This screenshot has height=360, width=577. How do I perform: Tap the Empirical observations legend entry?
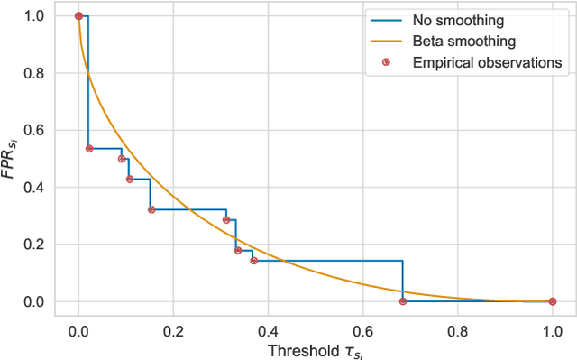coord(487,61)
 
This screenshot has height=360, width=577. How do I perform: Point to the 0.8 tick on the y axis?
coord(33,73)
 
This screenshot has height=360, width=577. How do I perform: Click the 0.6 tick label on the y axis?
coord(33,130)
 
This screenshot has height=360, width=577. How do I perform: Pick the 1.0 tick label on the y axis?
coord(33,16)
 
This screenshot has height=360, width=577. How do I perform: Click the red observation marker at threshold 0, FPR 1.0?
coord(78,16)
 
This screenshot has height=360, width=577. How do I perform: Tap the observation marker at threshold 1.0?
coord(552,301)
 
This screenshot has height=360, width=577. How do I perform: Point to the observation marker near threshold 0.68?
coord(402,301)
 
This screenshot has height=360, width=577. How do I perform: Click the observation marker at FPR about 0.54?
coord(88,149)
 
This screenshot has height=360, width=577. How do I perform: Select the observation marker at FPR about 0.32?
coord(151,210)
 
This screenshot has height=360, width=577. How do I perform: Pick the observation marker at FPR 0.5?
coord(122,159)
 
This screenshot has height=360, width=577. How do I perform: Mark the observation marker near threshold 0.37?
coord(253,261)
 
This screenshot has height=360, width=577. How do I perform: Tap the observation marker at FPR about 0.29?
coord(226,219)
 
